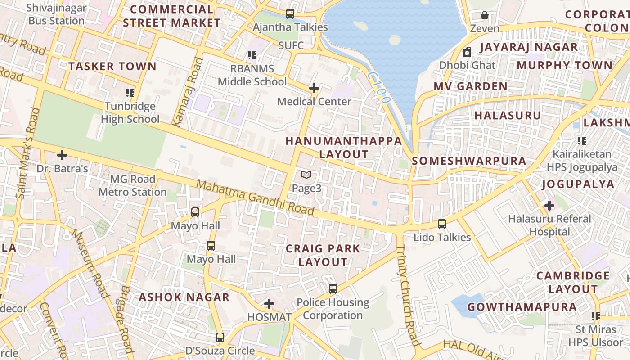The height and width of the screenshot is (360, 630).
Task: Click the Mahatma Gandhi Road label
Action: [x=255, y=197]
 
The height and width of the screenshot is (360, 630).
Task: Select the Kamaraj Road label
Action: [x=185, y=92]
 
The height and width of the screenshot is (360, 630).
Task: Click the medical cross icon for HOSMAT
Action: [x=269, y=304]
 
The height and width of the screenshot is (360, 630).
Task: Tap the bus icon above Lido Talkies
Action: [x=442, y=224]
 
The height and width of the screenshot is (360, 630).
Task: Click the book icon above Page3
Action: [x=306, y=175]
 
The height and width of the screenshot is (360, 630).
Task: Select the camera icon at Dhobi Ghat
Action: [x=467, y=52]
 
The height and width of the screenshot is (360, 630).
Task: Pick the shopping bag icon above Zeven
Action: [x=485, y=15]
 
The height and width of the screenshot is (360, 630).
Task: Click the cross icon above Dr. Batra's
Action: [x=62, y=156]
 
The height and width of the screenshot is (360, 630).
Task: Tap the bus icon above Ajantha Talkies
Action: [x=290, y=14]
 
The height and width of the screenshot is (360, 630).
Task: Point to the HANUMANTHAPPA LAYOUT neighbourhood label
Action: [x=344, y=147]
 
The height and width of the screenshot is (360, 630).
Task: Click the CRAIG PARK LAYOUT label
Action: [x=323, y=255]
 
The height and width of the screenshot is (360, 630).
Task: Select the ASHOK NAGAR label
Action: [x=184, y=297]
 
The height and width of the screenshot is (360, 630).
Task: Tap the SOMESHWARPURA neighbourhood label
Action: [x=469, y=161]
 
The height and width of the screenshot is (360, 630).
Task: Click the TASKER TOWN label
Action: [x=112, y=67]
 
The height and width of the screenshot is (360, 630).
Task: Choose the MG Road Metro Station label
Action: [x=132, y=185]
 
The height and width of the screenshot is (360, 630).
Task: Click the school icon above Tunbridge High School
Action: [x=130, y=93]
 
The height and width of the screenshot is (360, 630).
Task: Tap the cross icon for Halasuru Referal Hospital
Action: [x=549, y=206]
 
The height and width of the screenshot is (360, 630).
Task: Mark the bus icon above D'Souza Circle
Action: [x=220, y=337]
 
